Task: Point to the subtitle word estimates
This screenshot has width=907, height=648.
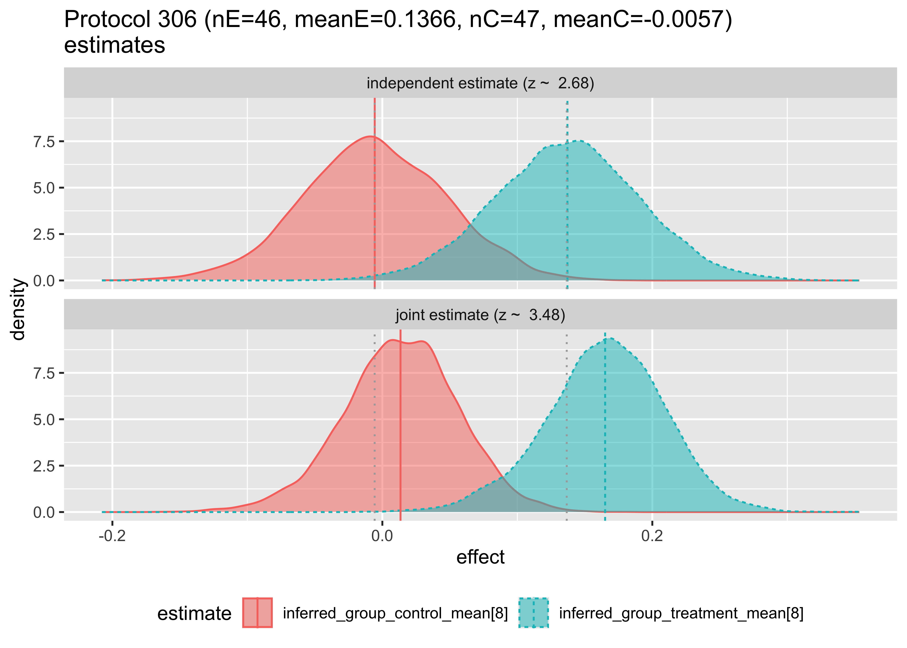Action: point(114,45)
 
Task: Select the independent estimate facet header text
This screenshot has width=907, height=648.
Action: point(480,83)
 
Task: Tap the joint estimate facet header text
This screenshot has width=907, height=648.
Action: point(480,315)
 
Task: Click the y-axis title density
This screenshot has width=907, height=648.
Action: point(18,309)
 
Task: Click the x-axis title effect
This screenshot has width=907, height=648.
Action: point(480,557)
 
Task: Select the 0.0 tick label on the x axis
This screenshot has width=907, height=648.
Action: point(382,535)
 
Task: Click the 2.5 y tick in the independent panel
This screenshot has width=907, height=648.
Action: point(44,234)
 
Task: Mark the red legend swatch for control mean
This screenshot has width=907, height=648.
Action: point(257,613)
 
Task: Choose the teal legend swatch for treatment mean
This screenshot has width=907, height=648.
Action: point(533,613)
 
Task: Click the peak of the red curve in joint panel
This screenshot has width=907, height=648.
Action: point(393,340)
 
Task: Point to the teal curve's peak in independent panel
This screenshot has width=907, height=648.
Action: point(579,141)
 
